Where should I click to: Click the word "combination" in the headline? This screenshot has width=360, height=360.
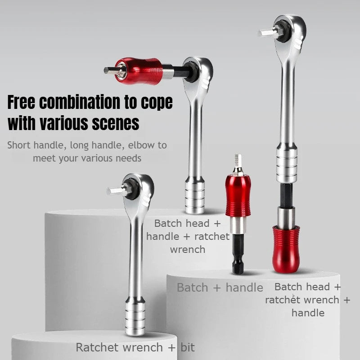coord(80,102)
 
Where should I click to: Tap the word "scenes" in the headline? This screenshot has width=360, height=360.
coord(116,123)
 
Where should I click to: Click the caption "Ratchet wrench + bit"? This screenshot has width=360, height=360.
coord(135,347)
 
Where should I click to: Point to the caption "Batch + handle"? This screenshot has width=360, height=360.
coord(220,288)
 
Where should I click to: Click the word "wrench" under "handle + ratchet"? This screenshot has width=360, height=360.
coord(188,250)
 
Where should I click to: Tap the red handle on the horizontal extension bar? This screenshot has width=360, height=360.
coord(139,71)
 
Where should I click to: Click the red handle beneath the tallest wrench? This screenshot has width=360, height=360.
coord(286,249)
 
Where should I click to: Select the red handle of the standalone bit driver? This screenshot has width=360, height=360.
coord(238,196)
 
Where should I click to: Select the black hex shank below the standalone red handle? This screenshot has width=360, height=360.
coord(238,254)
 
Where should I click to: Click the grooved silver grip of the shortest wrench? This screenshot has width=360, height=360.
coord(135,317)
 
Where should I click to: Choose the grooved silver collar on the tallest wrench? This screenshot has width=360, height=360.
coord(287,163)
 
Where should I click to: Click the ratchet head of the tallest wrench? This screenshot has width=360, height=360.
coord(290,32)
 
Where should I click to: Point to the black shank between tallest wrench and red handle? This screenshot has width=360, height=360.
coord(286,195)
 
